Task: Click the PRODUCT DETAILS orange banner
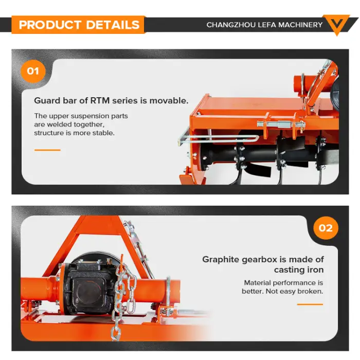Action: pos(78,25)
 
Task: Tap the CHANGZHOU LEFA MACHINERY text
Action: pos(264,25)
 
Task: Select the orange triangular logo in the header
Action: pos(336,24)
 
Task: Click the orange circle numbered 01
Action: pos(33,71)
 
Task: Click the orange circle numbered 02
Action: pos(326,228)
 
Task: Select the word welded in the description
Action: pos(60,124)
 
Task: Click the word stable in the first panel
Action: pos(103,133)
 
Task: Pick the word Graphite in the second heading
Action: pos(221,260)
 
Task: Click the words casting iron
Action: pos(299,270)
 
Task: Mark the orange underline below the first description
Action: pos(47,150)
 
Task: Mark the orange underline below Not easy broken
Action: pos(310,304)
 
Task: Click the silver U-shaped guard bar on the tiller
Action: pos(218,138)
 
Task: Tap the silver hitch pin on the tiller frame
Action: pos(281,124)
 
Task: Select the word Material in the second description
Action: pos(257,283)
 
